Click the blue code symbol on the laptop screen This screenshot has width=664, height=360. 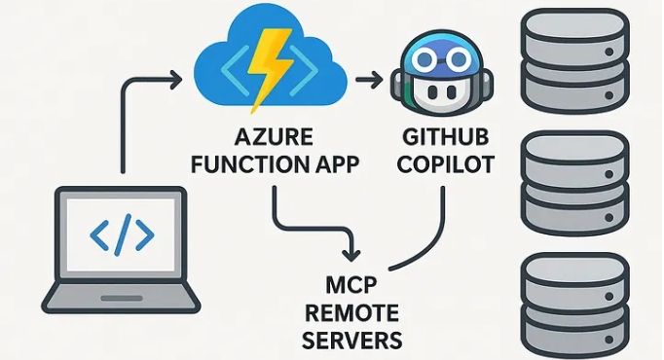(x=121, y=234)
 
